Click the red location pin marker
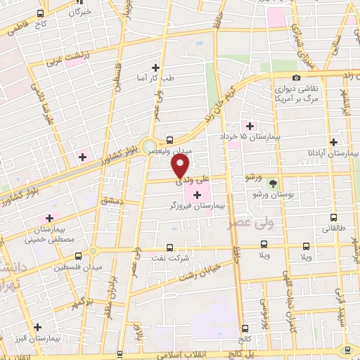[x=181, y=166]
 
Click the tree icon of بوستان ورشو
[x=273, y=182]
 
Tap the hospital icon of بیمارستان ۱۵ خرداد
[x=251, y=125]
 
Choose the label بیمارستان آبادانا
[x=335, y=152]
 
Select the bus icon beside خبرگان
[x=39, y=13]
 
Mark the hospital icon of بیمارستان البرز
[x=37, y=327]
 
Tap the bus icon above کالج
[x=244, y=328]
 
